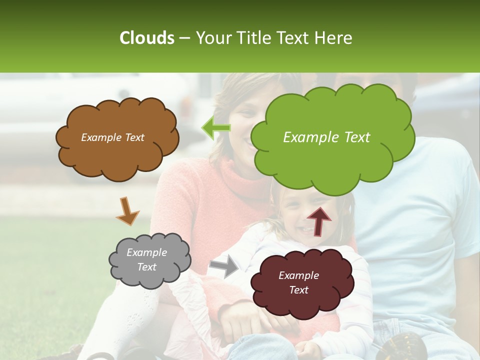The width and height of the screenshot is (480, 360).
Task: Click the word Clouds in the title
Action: (146, 38)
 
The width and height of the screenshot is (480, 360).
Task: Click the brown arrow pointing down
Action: (127, 211)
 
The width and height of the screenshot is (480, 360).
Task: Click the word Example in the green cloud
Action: (310, 137)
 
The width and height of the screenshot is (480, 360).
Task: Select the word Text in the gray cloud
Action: (147, 267)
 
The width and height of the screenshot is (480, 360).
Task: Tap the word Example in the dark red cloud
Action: (298, 275)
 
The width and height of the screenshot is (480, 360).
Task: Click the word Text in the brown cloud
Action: (133, 137)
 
